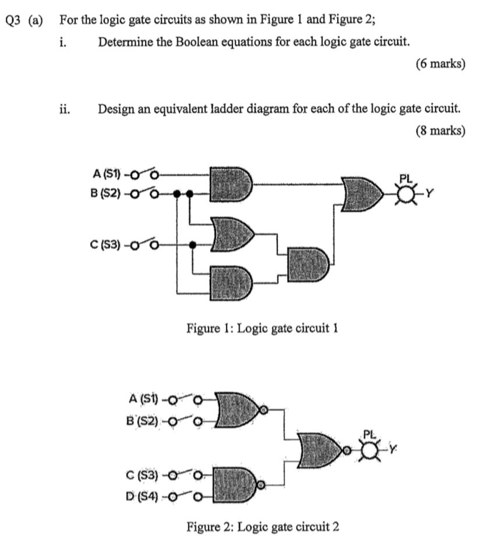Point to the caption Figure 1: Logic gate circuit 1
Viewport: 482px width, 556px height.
click(x=263, y=328)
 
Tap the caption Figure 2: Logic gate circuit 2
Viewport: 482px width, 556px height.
click(x=263, y=527)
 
